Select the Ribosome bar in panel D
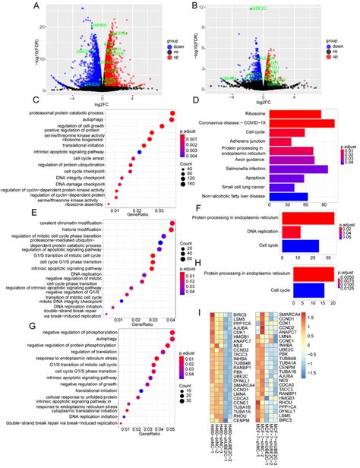point(302,113)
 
